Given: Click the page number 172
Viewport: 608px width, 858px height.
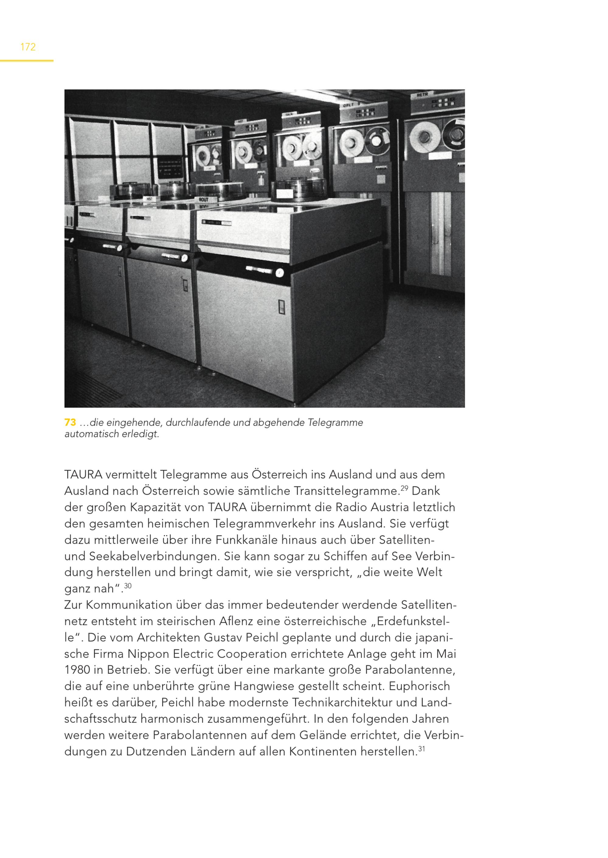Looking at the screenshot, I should coord(28,47).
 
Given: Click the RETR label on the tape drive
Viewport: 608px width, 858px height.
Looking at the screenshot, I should coord(422,95).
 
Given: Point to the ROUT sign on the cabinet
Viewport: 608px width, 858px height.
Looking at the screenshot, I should coord(204,200).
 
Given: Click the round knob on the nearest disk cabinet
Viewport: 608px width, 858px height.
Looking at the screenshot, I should coord(279,273).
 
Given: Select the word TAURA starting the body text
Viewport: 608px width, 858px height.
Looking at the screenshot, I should coord(83,475).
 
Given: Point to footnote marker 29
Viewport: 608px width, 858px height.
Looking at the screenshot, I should coord(404,488).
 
